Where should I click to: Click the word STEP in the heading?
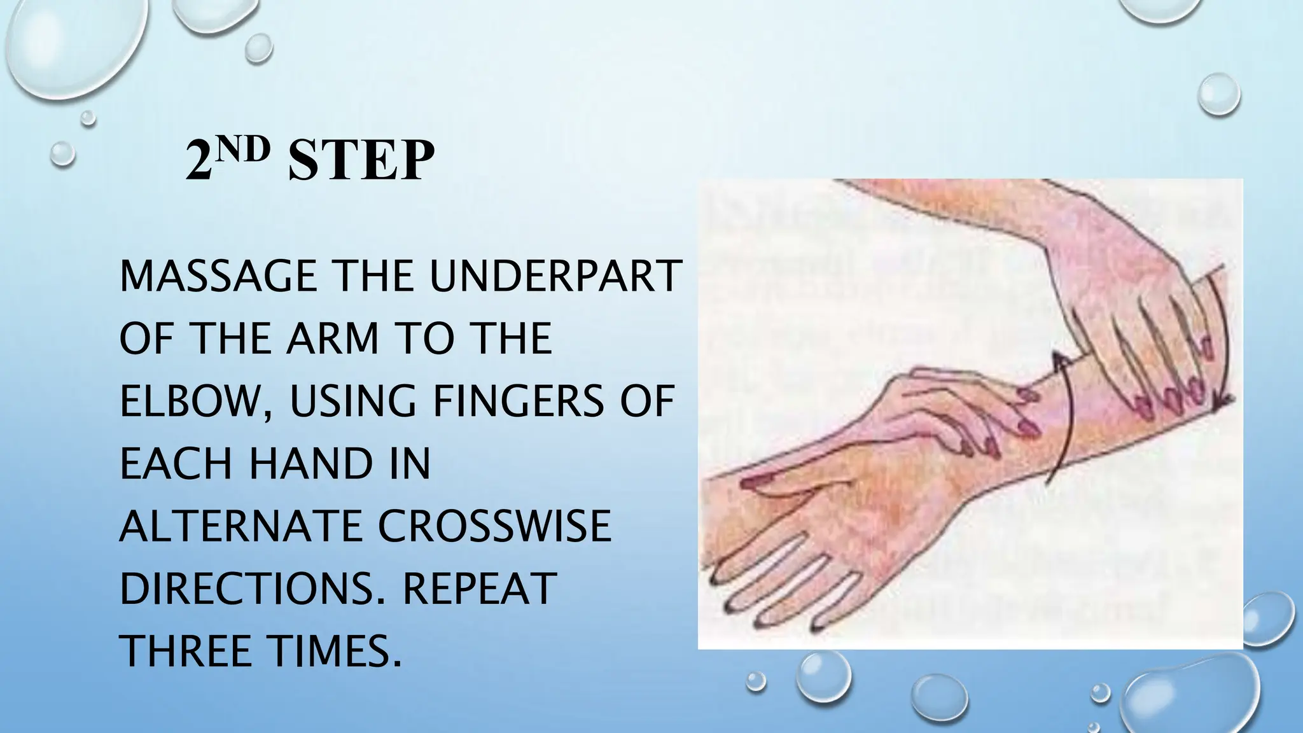pos(361,160)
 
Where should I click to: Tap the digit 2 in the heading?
pos(199,162)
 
